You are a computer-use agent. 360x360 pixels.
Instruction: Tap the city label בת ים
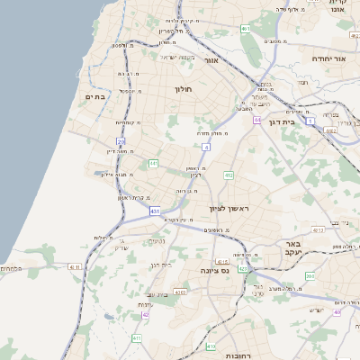[95, 96]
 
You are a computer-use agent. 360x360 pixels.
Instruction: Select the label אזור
[211, 60]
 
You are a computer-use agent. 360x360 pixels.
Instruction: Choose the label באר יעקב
[292, 248]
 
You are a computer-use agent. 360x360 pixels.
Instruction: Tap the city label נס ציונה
[219, 267]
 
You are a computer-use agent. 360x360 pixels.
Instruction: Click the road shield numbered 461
[245, 29]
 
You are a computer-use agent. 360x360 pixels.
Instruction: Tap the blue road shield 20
[121, 141]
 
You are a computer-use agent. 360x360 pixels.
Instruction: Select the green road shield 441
[154, 163]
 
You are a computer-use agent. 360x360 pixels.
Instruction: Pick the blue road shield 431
[155, 211]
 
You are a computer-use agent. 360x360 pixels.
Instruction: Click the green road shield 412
[229, 175]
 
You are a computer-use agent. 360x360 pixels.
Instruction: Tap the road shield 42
[146, 314]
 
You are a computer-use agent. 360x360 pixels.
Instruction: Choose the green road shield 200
[310, 276]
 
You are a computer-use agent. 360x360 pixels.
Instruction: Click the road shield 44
[257, 119]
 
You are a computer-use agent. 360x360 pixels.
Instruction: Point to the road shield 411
[137, 337]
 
